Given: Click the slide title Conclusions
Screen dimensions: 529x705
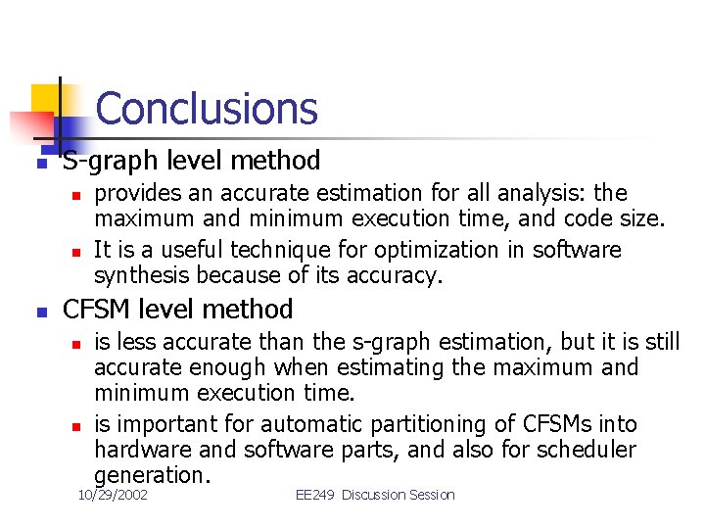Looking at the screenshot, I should pyautogui.click(x=207, y=108).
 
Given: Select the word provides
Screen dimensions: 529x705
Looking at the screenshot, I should pyautogui.click(x=136, y=193).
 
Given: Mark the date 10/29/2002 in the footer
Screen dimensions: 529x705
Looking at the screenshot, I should pyautogui.click(x=113, y=495).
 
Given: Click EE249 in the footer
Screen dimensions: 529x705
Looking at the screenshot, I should pyautogui.click(x=315, y=495).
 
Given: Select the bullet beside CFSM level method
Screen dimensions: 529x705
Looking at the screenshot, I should pyautogui.click(x=40, y=313).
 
